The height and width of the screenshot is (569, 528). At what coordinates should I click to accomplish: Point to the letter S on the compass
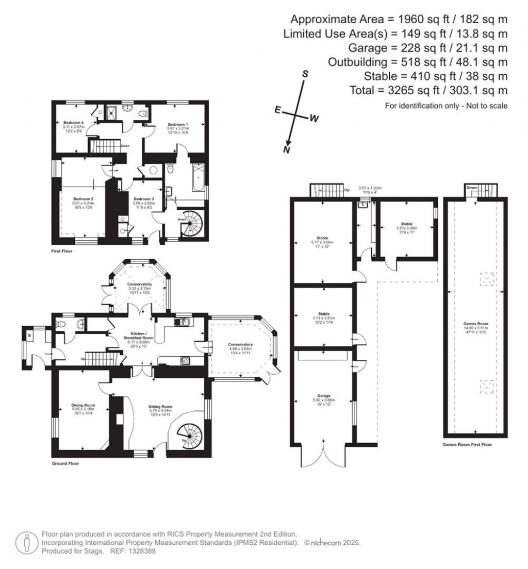coord(305,74)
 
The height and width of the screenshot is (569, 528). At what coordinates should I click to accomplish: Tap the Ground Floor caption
coord(65,463)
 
